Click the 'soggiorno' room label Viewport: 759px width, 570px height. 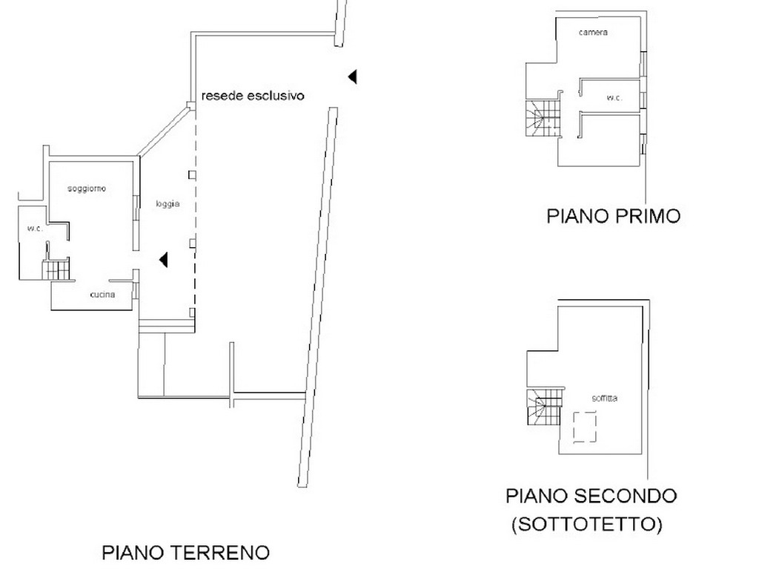coord(87,189)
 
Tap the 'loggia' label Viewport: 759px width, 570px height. coord(168,204)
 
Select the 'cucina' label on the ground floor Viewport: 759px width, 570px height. coord(102,294)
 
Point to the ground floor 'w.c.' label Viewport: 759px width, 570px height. coord(35,229)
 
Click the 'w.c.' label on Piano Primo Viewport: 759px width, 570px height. coord(614,98)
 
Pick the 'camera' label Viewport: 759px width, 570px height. coord(593,33)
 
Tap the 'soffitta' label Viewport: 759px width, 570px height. coord(605,398)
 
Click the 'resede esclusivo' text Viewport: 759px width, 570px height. coord(253,96)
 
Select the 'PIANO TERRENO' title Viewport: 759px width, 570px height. coord(186,552)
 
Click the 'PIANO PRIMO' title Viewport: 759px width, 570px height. coord(614,216)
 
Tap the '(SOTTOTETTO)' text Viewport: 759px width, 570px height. coord(587,524)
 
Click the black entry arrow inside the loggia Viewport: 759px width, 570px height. coord(164,260)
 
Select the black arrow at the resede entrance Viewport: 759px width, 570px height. coord(352,76)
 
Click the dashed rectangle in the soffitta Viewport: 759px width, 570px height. coord(585,427)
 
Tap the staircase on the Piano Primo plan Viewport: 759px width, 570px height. coord(543,118)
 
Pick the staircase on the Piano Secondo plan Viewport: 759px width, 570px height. coord(544,407)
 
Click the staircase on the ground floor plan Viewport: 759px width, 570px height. coord(56,270)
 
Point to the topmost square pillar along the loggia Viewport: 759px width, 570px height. coord(192,175)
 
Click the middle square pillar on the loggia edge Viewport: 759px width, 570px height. coord(192,243)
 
